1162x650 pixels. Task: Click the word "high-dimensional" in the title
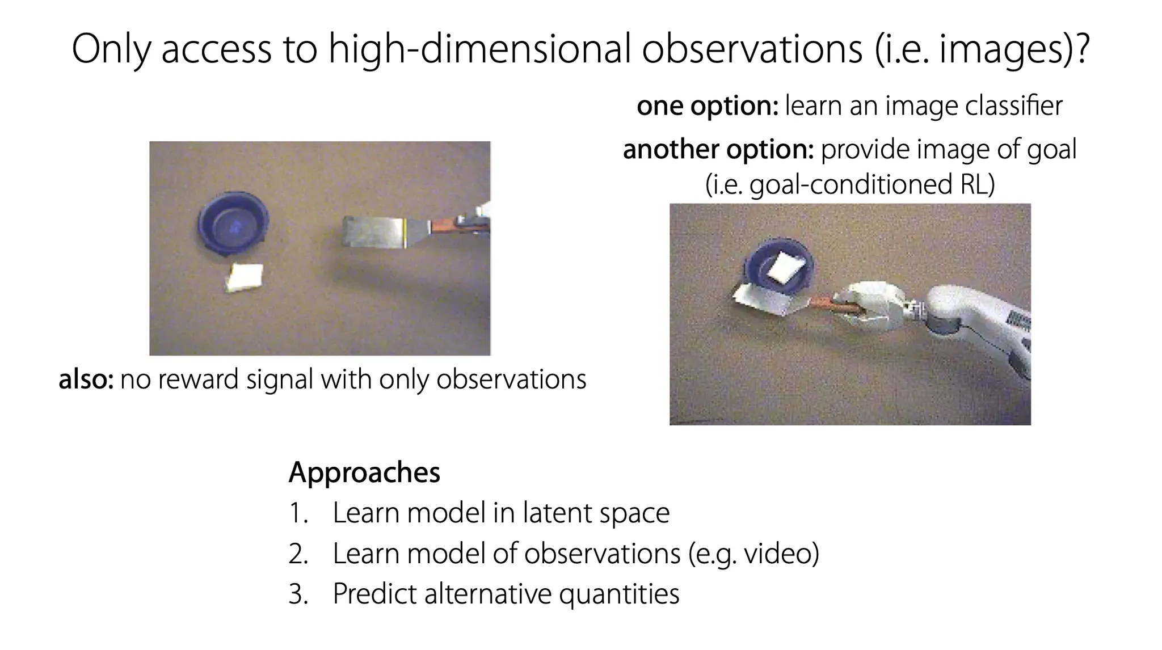[x=480, y=49]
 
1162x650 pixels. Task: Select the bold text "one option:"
[x=708, y=106]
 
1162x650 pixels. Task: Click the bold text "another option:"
[x=718, y=150]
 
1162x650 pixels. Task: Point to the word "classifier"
[x=1013, y=105]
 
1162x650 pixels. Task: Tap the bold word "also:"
[x=86, y=379]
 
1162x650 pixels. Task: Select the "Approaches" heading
[x=364, y=472]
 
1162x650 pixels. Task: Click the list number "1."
[x=298, y=513]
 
